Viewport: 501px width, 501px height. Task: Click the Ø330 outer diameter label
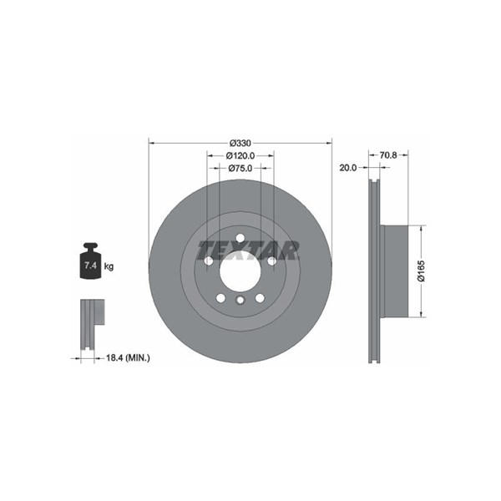tap(240, 143)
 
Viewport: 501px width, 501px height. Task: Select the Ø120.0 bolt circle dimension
tap(240, 155)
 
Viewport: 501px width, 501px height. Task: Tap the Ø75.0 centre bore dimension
tap(240, 168)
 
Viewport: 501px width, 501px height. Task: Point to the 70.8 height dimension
tap(388, 155)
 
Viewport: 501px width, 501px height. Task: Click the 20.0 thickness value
tap(348, 168)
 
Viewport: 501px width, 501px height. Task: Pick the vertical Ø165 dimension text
tap(422, 271)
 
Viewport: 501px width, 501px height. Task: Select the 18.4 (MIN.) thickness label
tap(128, 357)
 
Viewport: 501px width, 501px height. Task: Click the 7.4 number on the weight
tap(90, 266)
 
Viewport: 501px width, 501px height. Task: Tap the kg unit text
tap(109, 266)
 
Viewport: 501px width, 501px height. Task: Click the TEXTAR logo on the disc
tap(248, 250)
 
